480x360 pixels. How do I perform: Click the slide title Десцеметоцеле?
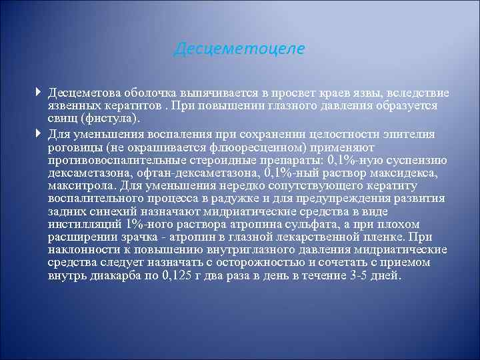click(239, 49)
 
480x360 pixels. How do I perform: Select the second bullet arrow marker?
click(41, 133)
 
